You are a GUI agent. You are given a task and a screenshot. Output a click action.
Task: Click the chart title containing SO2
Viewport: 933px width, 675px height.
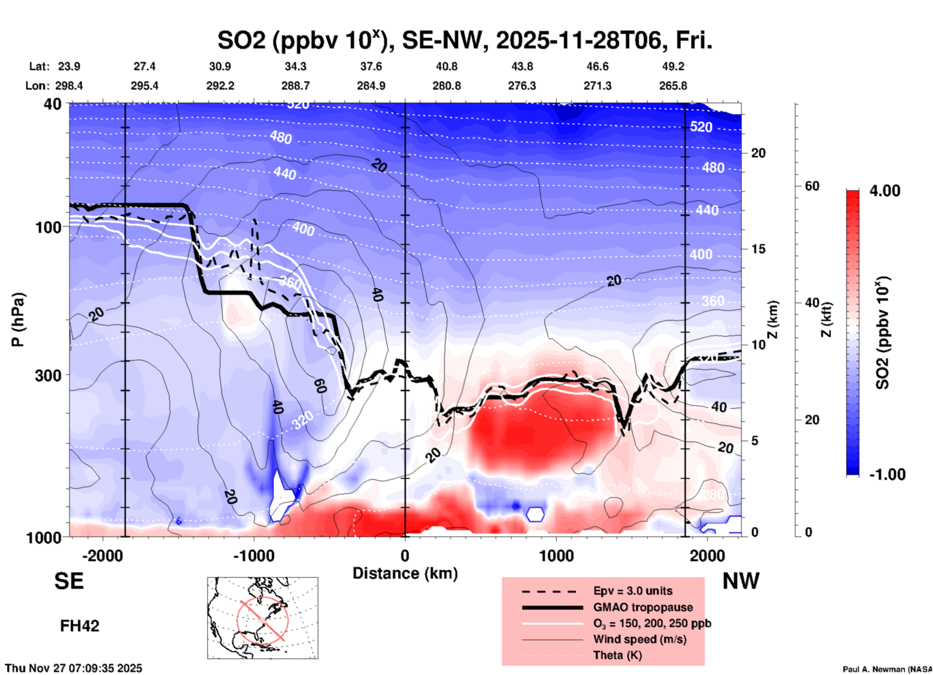click(465, 40)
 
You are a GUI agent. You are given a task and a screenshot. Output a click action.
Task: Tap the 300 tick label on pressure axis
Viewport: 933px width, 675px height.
click(48, 375)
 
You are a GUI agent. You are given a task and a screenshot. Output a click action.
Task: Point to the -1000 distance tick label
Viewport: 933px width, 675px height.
click(253, 556)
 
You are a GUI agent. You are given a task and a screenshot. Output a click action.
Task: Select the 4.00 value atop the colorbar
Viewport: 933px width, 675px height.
click(885, 191)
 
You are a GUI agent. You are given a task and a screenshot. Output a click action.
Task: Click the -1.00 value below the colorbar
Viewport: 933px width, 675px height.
click(887, 475)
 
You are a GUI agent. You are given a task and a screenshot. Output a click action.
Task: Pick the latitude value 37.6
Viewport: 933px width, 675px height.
click(371, 66)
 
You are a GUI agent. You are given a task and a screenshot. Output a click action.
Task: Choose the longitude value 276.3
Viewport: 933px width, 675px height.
click(522, 86)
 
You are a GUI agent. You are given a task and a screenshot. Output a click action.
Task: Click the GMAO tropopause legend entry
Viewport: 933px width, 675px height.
click(643, 607)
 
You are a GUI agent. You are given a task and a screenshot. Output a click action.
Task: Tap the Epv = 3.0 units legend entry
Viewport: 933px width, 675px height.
click(633, 591)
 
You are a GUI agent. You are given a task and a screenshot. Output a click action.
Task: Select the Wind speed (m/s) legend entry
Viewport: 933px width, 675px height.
click(639, 639)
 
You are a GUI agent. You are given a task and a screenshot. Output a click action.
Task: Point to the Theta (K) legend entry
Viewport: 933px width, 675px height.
click(617, 655)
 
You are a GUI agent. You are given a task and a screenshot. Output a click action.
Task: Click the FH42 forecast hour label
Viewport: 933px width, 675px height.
click(79, 626)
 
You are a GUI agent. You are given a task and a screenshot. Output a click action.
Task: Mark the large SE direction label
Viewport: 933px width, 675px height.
click(69, 581)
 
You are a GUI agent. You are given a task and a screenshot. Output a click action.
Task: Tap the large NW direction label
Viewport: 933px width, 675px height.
click(741, 581)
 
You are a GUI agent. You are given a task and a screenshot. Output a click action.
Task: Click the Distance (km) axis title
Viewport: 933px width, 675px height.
click(405, 573)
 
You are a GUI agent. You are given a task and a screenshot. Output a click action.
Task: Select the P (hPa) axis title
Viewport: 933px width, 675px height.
click(18, 320)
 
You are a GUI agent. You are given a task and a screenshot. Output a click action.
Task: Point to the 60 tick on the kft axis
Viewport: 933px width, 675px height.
click(812, 186)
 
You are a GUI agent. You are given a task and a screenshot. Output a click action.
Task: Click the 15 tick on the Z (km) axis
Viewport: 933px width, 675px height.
click(758, 249)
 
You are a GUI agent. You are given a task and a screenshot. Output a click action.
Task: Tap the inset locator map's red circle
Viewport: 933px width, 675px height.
click(262, 620)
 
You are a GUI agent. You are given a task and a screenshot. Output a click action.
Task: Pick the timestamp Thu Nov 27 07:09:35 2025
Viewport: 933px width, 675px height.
click(74, 668)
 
